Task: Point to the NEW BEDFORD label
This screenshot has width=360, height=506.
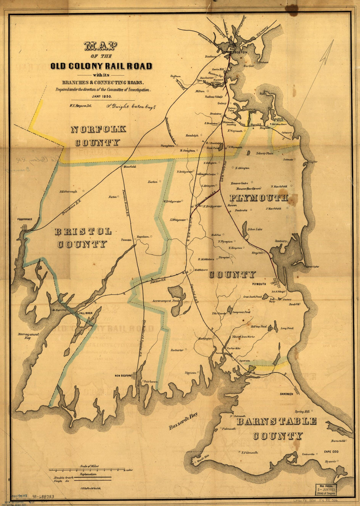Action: [123, 375]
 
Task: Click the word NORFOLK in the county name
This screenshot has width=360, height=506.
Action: [99, 129]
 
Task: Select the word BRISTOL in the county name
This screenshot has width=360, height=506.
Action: [83, 232]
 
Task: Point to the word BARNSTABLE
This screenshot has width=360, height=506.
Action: [277, 421]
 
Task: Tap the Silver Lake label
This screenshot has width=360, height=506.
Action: [255, 229]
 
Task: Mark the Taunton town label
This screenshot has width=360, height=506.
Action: [126, 240]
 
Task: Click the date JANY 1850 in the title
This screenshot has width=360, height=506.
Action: [102, 97]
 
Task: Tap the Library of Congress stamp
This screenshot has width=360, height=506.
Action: [326, 489]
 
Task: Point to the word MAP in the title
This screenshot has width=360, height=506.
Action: [101, 47]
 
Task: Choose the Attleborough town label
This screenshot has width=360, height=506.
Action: [68, 191]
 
